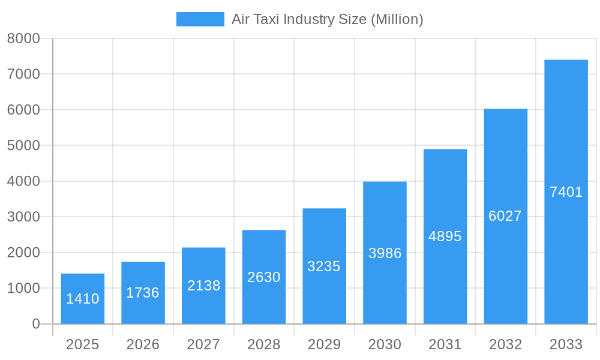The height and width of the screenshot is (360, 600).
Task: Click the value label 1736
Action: [x=143, y=293]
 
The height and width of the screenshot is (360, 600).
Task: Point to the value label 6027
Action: [x=505, y=216]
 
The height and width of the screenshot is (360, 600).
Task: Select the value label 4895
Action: [x=445, y=236]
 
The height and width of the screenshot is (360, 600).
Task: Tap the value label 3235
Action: [x=324, y=266]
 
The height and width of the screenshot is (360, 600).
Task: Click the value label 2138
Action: [x=203, y=286]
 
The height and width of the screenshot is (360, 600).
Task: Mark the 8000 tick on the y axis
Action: [x=23, y=38]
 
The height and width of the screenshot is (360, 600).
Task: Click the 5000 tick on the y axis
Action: [x=23, y=146]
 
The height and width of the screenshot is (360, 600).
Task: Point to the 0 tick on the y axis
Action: [x=35, y=324]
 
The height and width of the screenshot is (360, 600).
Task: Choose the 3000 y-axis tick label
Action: [x=23, y=217]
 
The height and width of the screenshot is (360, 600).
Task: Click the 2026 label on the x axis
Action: [x=143, y=344]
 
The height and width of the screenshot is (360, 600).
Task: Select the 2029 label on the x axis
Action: [x=324, y=344]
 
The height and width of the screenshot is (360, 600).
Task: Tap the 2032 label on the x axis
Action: [x=505, y=344]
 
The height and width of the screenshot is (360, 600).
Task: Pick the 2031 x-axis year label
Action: [x=445, y=344]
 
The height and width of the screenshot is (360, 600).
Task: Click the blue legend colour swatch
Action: [x=200, y=19]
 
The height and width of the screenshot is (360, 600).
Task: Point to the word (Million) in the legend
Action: [x=397, y=19]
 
